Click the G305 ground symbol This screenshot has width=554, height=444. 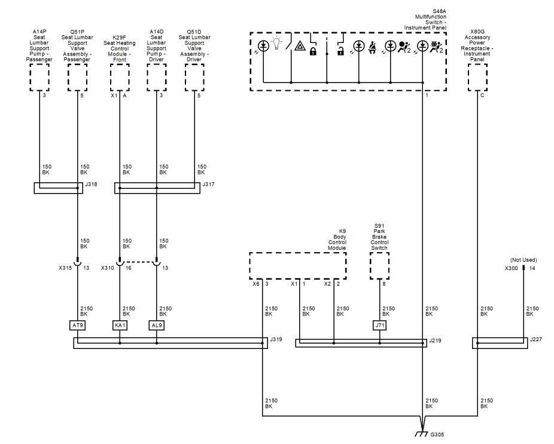click(421, 434)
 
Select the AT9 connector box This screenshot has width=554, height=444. click(77, 325)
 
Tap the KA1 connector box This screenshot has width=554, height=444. click(120, 325)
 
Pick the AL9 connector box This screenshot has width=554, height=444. click(157, 325)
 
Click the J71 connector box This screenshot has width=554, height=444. click(379, 325)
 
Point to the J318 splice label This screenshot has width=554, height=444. click(91, 184)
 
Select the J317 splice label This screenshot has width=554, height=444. click(208, 184)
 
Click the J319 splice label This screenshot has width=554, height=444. click(276, 339)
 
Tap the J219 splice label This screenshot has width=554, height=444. click(435, 341)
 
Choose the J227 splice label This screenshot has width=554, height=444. click(535, 339)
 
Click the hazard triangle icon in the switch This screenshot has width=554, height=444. click(300, 46)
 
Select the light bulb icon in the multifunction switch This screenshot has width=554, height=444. click(276, 44)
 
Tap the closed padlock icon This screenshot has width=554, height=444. click(313, 51)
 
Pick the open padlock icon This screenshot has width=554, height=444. click(340, 51)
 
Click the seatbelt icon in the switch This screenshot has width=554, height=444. click(372, 48)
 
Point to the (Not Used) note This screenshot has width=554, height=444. click(523, 260)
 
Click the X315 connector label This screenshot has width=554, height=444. click(65, 268)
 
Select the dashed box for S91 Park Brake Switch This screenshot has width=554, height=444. click(379, 266)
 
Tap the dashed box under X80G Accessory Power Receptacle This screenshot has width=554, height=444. click(477, 77)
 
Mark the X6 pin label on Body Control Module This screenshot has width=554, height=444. click(256, 284)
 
